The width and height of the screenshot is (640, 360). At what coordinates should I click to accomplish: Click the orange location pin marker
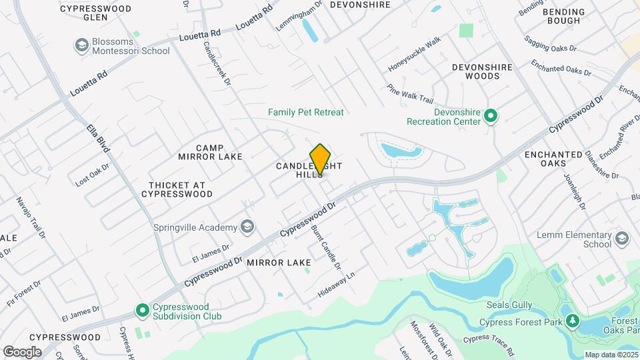(x=321, y=159)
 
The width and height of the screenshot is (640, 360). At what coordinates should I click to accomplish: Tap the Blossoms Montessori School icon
(x=82, y=45)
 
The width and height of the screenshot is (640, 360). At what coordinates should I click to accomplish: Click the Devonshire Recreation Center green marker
(x=491, y=117)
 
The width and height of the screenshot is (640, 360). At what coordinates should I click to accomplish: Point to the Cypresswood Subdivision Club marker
(x=142, y=311)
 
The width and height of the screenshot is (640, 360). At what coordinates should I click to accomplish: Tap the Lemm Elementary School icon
(x=622, y=239)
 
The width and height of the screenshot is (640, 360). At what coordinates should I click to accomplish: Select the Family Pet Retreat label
(x=306, y=112)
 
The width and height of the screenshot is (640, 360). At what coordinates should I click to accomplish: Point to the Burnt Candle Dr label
(x=326, y=247)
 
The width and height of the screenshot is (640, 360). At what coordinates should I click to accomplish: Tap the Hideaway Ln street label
(x=337, y=284)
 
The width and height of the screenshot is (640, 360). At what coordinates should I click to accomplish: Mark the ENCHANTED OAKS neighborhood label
(x=553, y=159)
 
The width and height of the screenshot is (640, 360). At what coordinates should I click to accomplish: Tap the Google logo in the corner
(x=22, y=351)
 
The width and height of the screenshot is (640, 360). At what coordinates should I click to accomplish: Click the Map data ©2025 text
(x=610, y=355)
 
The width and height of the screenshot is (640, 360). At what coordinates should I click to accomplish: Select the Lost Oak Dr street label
(x=92, y=174)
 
